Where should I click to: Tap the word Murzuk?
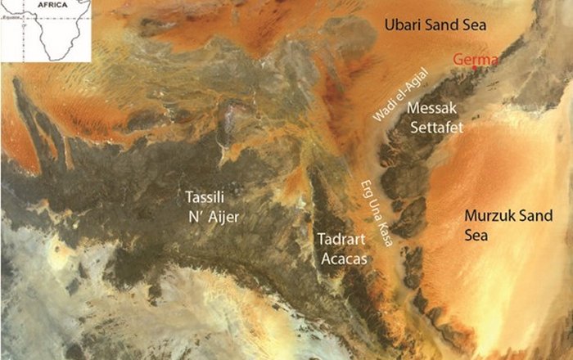pos(489,217)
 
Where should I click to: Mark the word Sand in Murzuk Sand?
pos(531,217)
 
